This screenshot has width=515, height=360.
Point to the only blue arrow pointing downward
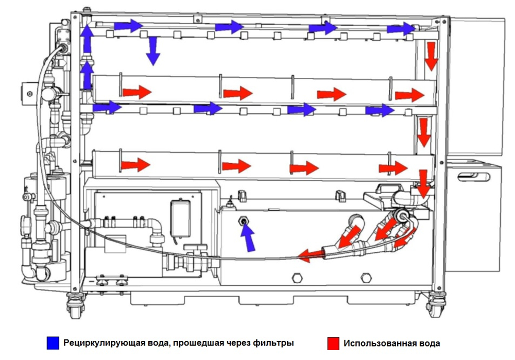152,50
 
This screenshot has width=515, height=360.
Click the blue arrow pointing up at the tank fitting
249,238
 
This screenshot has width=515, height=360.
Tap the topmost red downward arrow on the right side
431,56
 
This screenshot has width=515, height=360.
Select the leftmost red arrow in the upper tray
136,92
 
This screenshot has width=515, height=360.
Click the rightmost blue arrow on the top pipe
401,29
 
